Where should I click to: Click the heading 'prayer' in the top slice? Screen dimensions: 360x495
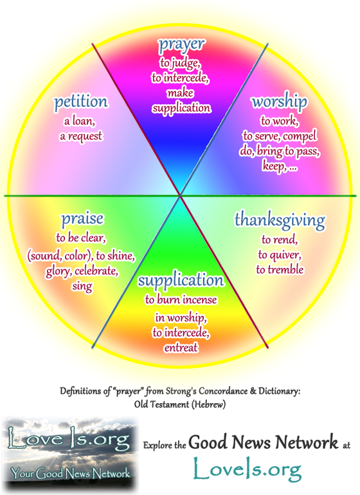(x=181, y=45)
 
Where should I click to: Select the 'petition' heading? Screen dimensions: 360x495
(x=81, y=102)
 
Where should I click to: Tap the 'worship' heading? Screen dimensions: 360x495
(x=279, y=102)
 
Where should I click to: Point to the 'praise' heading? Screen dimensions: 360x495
(x=82, y=219)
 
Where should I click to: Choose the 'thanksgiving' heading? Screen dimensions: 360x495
(x=280, y=220)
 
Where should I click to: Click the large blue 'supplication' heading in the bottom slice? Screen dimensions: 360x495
(x=181, y=280)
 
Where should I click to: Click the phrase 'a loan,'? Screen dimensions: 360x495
(x=80, y=121)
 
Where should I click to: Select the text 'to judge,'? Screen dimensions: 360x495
(x=180, y=63)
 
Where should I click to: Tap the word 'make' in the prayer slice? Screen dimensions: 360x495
(x=180, y=93)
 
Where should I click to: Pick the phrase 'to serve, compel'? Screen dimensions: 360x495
(x=280, y=136)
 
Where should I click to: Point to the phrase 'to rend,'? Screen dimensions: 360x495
(x=280, y=240)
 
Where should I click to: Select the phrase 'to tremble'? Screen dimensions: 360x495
(x=280, y=269)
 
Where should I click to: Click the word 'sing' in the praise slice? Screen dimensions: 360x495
(x=82, y=286)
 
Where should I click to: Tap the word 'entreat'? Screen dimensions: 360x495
(x=181, y=348)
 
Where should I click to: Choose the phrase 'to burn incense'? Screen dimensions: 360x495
(x=181, y=300)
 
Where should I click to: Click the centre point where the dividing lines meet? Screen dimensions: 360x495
(x=180, y=195)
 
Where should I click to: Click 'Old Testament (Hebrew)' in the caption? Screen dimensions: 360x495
(x=180, y=404)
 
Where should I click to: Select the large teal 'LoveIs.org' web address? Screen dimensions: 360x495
(x=248, y=469)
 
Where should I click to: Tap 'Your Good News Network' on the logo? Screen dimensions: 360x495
(x=70, y=473)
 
